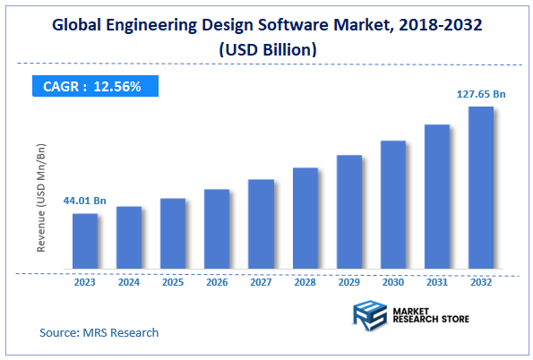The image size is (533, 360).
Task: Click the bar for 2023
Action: click(x=85, y=242)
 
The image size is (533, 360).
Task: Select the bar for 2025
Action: click(x=173, y=234)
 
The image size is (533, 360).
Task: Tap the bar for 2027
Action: click(x=261, y=225)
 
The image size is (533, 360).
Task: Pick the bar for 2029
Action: click(x=349, y=212)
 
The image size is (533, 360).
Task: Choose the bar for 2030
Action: click(x=393, y=205)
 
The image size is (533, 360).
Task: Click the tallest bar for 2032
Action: click(x=481, y=188)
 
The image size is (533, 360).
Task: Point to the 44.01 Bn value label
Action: click(x=84, y=201)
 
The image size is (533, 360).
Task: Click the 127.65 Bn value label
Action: click(x=481, y=93)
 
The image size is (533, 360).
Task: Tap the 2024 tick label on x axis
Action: click(x=129, y=281)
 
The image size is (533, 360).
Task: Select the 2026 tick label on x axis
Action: click(x=217, y=281)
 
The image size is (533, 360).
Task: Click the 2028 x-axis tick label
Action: click(x=305, y=281)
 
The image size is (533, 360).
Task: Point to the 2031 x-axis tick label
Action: click(x=437, y=281)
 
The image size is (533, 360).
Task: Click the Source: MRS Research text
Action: click(x=99, y=333)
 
